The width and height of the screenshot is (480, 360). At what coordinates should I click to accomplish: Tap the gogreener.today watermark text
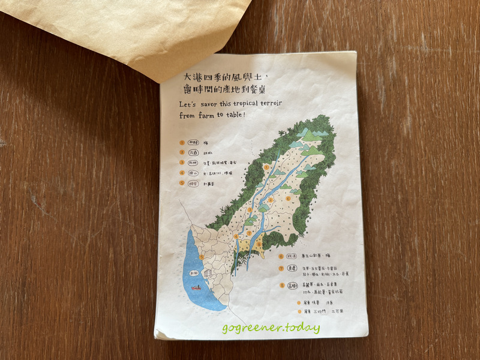click(271, 328)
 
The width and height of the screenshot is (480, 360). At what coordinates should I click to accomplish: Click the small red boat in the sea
click(196, 289)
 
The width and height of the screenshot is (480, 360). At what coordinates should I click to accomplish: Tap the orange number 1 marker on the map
click(266, 167)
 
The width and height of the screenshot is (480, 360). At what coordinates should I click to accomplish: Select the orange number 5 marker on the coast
click(202, 257)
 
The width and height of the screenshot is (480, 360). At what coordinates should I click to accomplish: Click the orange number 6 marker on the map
click(288, 199)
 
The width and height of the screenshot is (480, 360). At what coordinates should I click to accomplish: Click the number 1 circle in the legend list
click(181, 143)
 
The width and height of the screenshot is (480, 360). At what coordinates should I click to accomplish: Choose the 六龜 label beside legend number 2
click(194, 152)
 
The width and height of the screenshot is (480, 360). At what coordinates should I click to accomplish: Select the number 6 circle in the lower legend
click(281, 256)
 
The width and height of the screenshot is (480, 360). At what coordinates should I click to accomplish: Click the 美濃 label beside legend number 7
click(294, 269)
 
